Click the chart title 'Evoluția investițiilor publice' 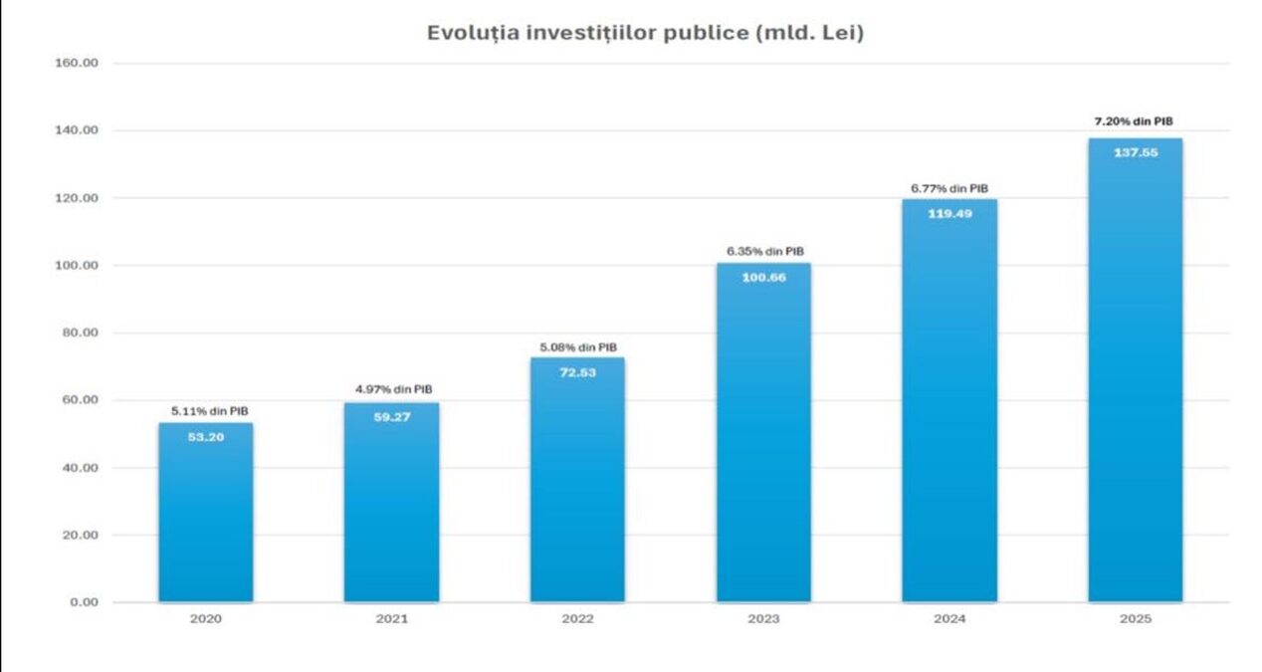645,32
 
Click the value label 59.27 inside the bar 391,417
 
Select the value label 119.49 949,213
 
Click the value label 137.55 1135,152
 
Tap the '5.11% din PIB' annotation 206,410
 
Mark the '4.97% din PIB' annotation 391,389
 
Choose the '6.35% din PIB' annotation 763,251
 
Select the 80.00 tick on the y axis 80,333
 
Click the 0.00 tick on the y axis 84,602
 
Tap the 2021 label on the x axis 391,619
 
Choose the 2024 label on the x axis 949,619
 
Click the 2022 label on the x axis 577,619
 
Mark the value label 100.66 763,278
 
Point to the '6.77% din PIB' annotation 949,187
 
